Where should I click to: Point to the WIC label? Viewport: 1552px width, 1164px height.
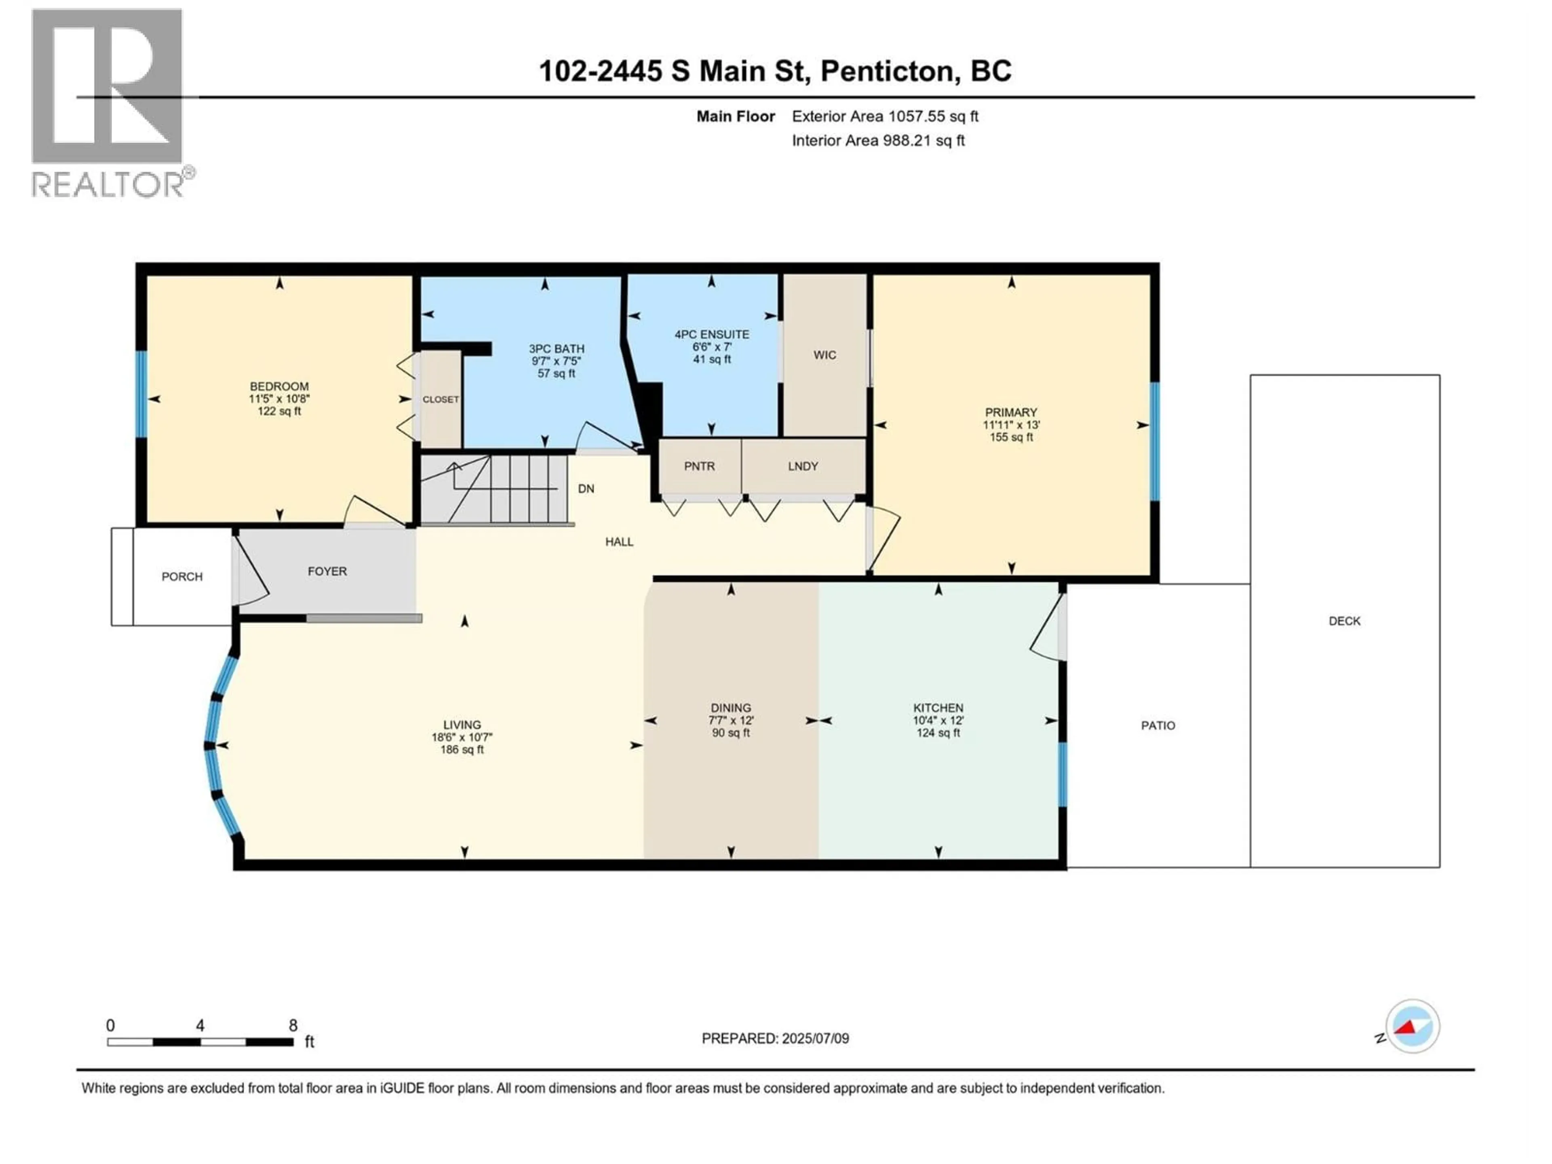point(824,355)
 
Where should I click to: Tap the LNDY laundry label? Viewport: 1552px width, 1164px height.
point(803,466)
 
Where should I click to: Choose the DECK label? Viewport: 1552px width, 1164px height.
point(1343,621)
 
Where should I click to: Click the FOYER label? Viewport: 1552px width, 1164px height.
point(327,571)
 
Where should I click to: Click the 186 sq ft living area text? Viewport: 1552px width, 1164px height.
point(462,749)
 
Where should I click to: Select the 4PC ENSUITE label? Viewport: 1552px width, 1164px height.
point(711,335)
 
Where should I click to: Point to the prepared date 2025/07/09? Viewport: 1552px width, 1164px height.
point(813,1038)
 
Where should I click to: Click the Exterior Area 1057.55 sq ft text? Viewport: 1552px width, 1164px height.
point(885,116)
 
